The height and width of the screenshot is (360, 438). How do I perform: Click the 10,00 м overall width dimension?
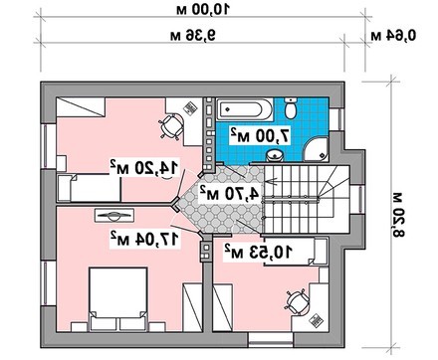tap(203, 10)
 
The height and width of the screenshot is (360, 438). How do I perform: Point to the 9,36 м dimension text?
tap(193, 35)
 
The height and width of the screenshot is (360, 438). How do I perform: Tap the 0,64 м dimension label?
tap(393, 35)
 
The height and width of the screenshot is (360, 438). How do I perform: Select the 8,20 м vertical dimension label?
tap(398, 215)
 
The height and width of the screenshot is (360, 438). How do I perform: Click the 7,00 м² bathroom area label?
tap(261, 135)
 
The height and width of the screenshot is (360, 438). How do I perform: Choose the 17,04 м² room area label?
tap(145, 239)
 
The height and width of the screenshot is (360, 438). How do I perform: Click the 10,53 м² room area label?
tap(258, 253)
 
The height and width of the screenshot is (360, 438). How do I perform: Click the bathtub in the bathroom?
tap(245, 109)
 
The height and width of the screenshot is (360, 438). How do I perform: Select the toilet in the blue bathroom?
tap(291, 107)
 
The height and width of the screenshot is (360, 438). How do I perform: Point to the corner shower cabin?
tap(317, 149)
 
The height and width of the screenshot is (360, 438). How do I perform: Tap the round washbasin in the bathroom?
tap(275, 155)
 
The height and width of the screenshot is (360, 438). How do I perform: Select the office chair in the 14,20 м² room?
tap(171, 126)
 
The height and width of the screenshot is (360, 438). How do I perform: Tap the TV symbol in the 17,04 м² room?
tap(114, 216)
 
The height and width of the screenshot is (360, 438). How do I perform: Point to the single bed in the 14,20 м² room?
tap(89, 188)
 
